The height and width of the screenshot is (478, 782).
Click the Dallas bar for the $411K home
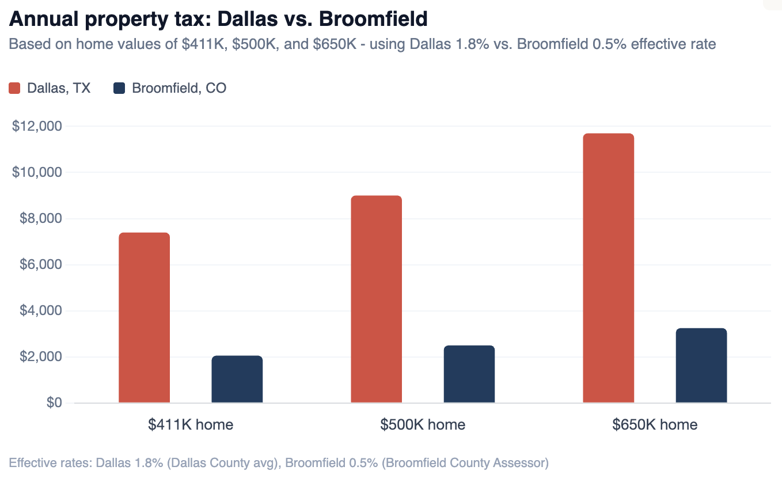click(144, 318)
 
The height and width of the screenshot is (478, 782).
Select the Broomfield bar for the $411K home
click(237, 380)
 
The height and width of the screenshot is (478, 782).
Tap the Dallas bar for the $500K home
click(376, 299)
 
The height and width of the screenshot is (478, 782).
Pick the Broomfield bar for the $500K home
click(469, 374)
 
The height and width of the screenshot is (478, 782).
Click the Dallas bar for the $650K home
click(608, 268)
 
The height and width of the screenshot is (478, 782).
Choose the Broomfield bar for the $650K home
click(701, 366)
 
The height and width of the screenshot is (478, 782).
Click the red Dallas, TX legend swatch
click(15, 88)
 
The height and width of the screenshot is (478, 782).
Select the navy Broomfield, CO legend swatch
click(119, 88)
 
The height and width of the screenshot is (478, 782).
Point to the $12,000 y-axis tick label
click(37, 126)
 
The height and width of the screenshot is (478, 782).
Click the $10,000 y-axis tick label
click(37, 172)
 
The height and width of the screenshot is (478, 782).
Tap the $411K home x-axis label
click(191, 425)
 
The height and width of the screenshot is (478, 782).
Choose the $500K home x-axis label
click(423, 425)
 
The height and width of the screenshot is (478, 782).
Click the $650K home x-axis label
click(655, 425)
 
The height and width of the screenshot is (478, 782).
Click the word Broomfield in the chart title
click(373, 19)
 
